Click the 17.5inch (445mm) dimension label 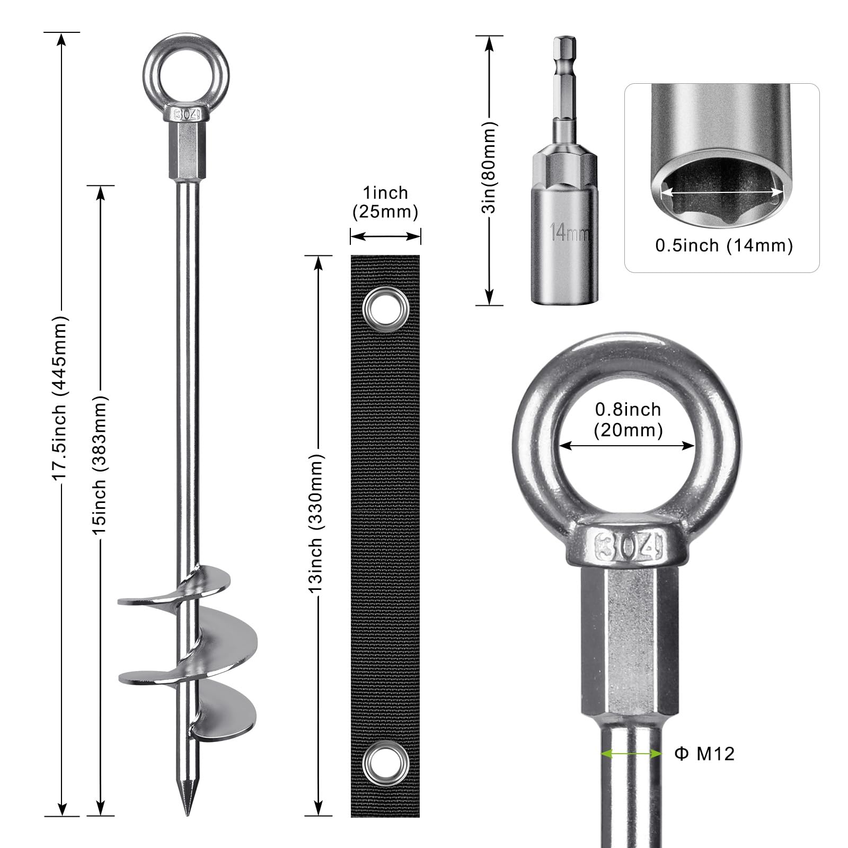[x=60, y=397]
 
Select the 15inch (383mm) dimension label [x=100, y=464]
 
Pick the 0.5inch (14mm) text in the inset [x=723, y=245]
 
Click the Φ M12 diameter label [x=705, y=754]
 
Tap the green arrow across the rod [x=631, y=753]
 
